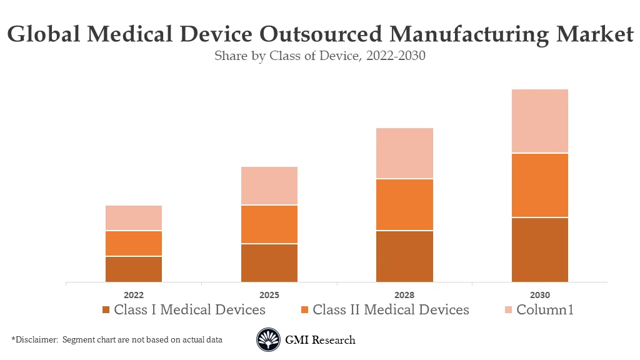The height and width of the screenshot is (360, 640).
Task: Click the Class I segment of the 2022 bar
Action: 134,269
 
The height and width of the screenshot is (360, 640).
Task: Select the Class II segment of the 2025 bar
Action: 269,224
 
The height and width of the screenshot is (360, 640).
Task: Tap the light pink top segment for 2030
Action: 540,121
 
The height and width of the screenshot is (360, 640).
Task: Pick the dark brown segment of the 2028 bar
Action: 404,256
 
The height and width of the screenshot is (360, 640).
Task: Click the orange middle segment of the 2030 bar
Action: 540,185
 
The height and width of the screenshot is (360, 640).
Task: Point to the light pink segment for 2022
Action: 134,217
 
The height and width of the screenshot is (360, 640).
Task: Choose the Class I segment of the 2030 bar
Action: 540,249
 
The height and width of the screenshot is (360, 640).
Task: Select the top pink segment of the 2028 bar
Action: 404,153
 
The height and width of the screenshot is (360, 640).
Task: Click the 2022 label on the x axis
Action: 134,295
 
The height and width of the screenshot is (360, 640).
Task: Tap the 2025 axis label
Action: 269,295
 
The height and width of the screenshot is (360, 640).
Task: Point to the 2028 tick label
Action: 404,295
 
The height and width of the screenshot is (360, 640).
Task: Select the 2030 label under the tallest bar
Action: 540,295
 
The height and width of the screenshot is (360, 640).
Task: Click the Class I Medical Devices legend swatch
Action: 106,310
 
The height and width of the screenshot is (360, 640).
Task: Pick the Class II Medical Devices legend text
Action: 391,310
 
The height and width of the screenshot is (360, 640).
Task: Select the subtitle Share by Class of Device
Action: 319,56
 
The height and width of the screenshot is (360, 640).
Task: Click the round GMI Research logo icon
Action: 268,340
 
